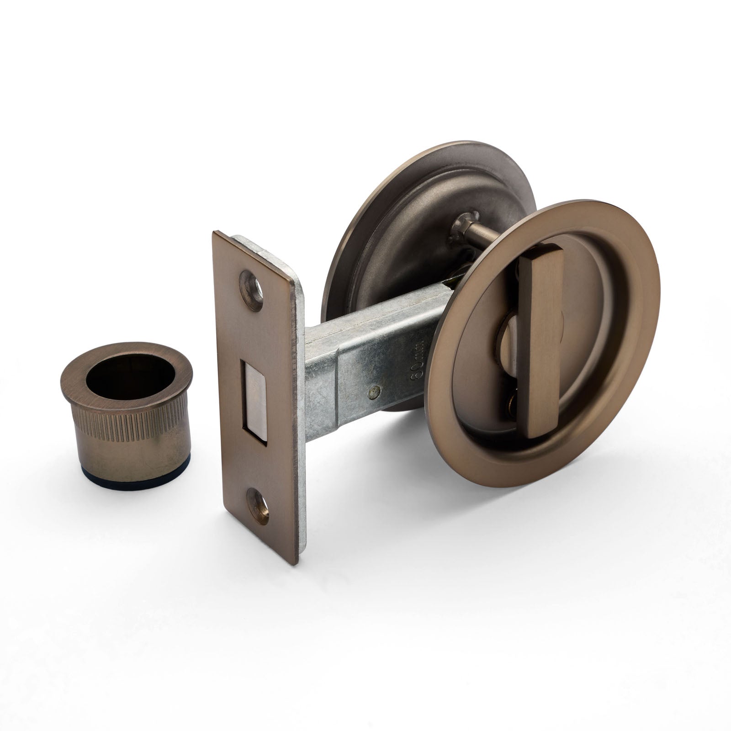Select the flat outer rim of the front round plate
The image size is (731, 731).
pyautogui.click(x=457, y=411)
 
